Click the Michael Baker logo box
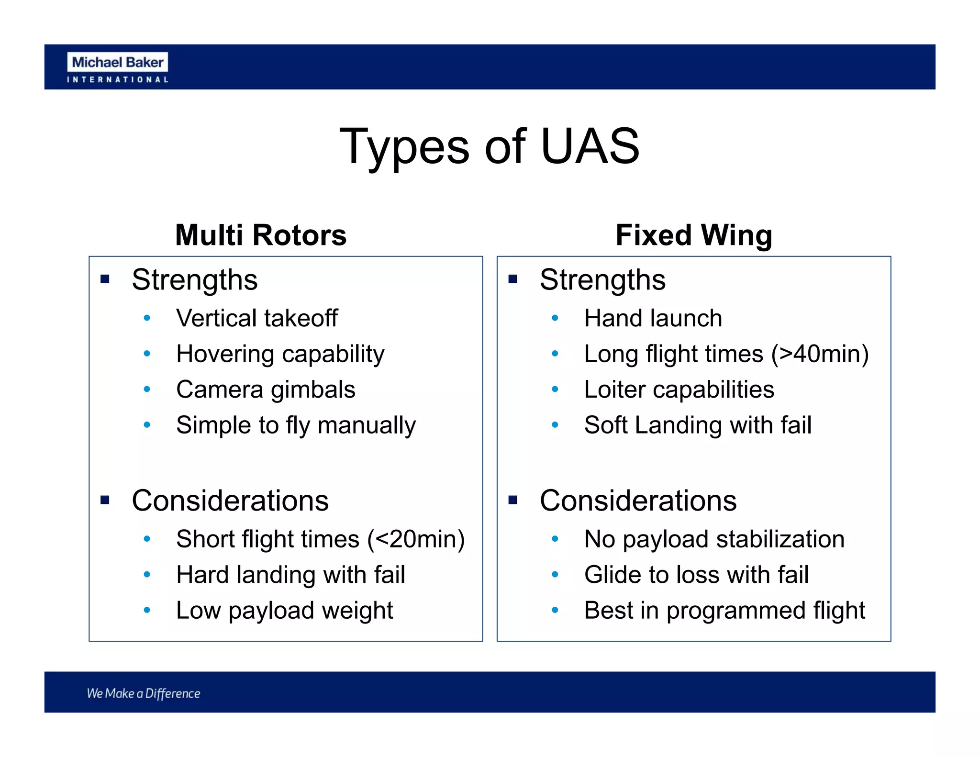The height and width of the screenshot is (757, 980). [117, 62]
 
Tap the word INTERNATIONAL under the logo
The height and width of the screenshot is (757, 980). [117, 79]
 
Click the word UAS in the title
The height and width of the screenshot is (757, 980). [590, 146]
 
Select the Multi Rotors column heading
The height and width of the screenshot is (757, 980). [261, 235]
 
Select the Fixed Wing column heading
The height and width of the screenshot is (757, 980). [693, 235]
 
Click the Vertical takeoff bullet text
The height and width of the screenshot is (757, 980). [257, 318]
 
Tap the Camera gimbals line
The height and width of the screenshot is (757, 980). [266, 390]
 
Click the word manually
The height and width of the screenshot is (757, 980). [367, 425]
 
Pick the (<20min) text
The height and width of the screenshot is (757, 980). [416, 539]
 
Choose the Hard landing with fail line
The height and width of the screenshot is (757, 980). [290, 575]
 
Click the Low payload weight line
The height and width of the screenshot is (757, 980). [284, 611]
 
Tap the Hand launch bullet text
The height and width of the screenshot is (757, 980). [653, 318]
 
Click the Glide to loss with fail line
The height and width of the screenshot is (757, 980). [696, 575]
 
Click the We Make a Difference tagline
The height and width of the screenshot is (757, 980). [144, 693]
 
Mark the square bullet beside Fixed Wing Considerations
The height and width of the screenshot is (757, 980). [513, 501]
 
